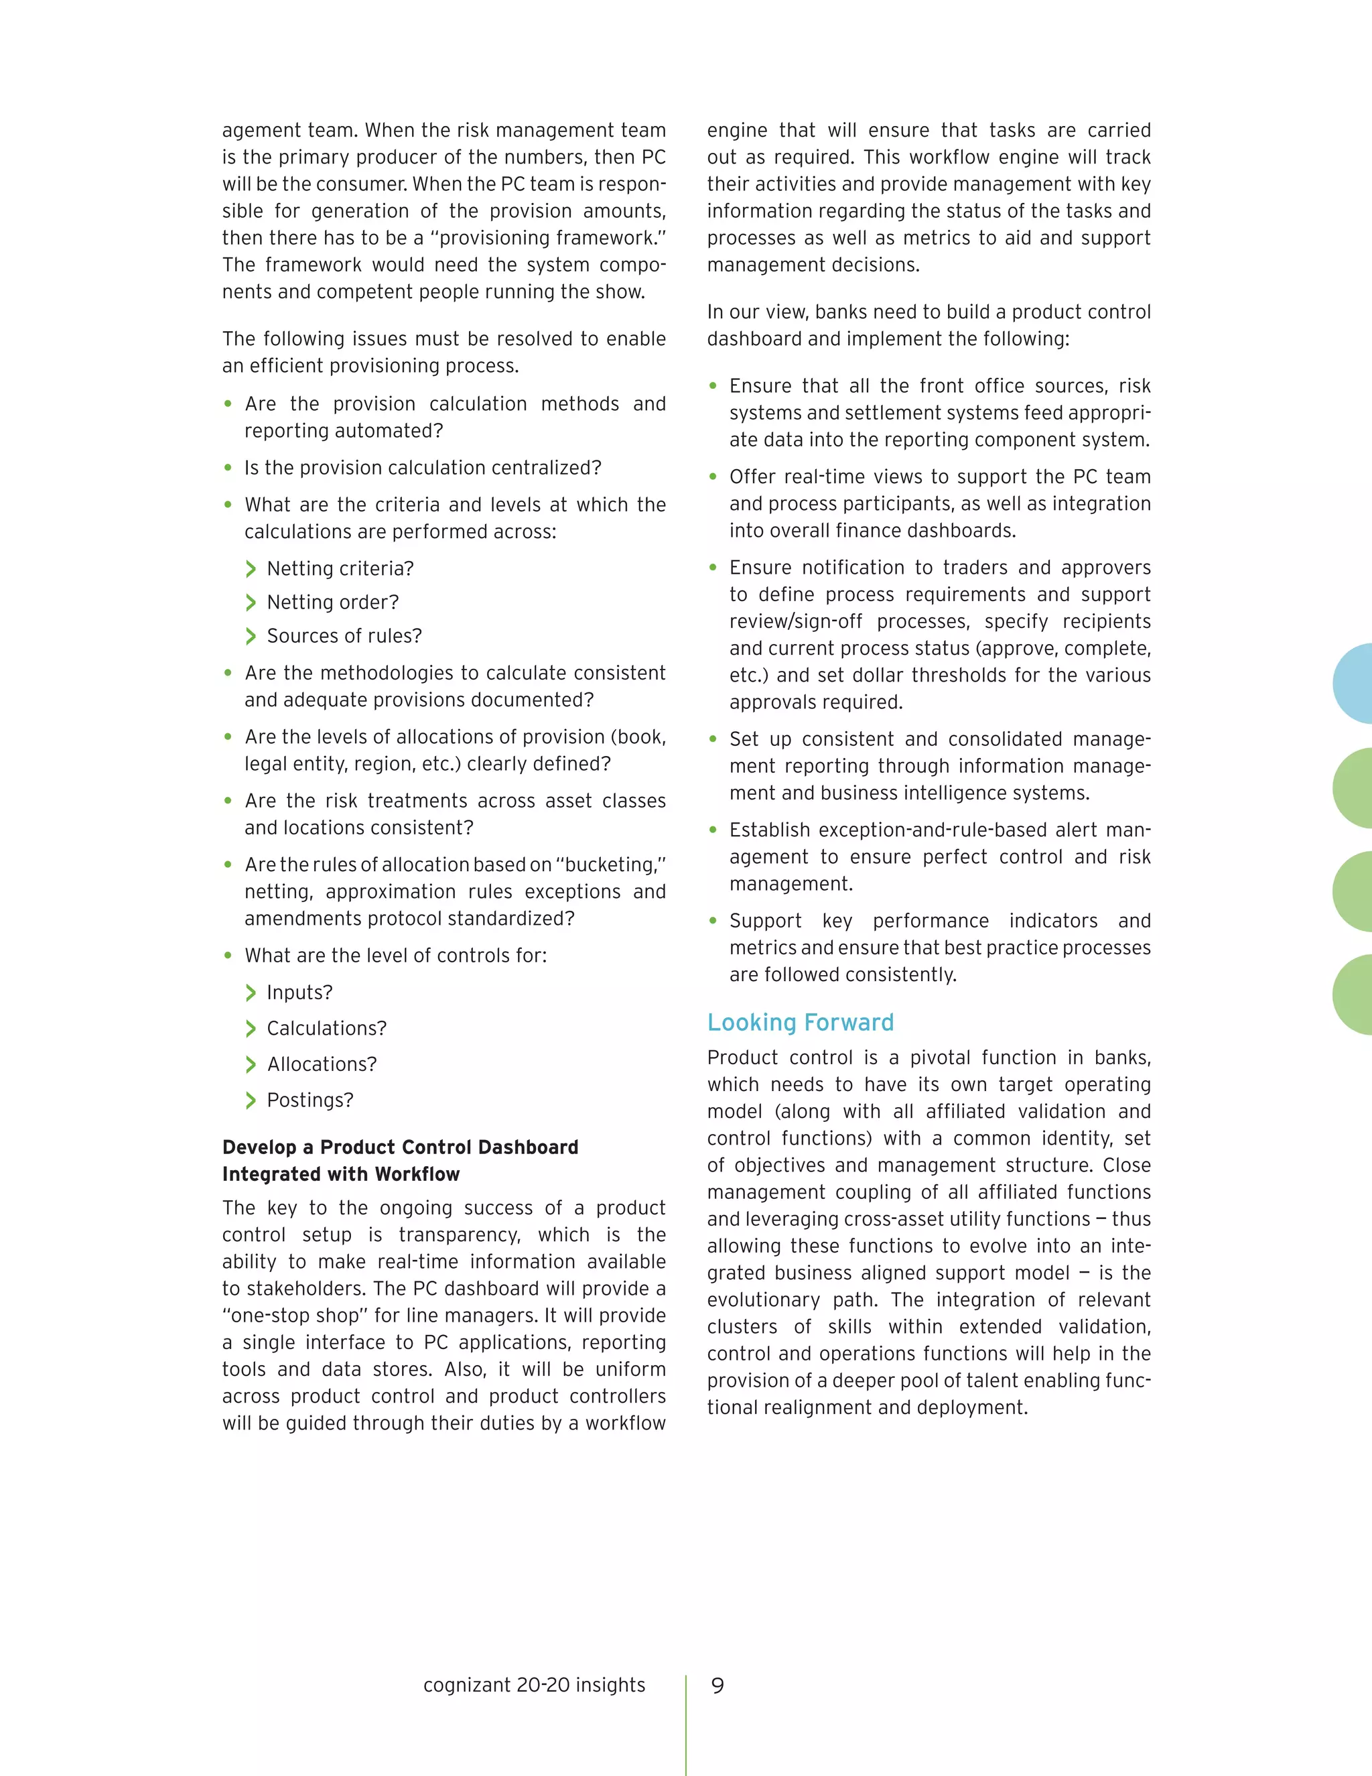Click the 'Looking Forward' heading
(x=800, y=1022)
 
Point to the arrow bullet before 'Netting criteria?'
(x=251, y=569)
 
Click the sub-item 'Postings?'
(x=310, y=1100)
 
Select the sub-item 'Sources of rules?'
(x=344, y=636)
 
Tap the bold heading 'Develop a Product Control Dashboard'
(x=400, y=1147)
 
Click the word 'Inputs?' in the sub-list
(x=299, y=993)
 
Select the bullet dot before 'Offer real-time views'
(x=713, y=477)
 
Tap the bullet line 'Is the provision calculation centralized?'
(x=423, y=468)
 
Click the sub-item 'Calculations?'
(x=326, y=1029)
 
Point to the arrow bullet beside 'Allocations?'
(x=251, y=1064)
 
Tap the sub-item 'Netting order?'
(x=332, y=602)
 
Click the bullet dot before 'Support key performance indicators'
(x=713, y=921)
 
